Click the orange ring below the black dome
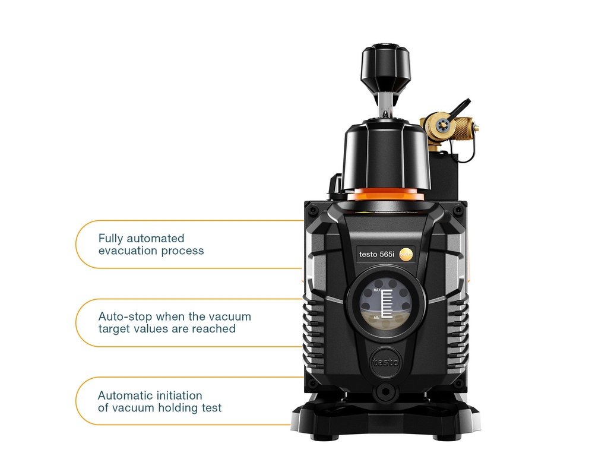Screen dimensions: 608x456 [386, 194]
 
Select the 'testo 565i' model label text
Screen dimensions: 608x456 [376, 254]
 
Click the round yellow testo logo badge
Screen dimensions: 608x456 [406, 254]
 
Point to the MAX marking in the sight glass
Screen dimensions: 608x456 [377, 290]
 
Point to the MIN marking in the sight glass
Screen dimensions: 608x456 [376, 318]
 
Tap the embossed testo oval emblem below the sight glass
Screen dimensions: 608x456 [385, 363]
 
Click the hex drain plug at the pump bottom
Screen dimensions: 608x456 [385, 392]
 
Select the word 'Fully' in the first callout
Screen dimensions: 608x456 [110, 239]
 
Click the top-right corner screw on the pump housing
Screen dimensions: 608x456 [458, 211]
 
